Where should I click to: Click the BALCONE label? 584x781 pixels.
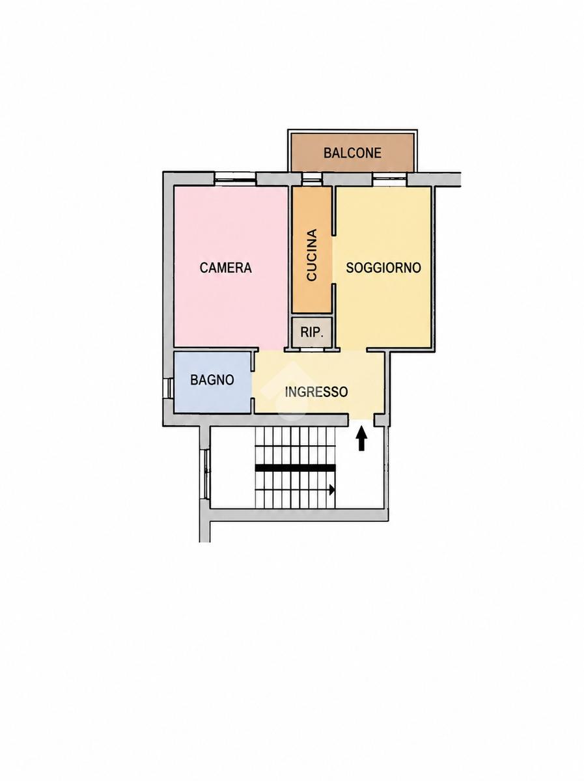352,153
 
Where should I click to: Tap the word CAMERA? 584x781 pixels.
226,267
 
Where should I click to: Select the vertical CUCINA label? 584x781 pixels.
312,255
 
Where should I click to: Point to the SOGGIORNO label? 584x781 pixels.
383,267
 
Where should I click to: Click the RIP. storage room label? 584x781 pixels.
312,333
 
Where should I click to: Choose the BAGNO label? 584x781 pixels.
212,380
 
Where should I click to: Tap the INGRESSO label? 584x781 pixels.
316,392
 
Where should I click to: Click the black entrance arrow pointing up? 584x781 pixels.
361,439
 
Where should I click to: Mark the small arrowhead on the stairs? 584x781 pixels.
332,490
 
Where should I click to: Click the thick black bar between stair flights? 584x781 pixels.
296,468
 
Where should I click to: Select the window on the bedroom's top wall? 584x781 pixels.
236,178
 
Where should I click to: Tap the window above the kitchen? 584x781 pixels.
312,179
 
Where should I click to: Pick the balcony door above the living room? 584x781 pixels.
390,178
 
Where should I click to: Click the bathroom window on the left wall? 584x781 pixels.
169,388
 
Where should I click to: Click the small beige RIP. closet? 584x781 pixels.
312,332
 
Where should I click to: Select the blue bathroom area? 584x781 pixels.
213,383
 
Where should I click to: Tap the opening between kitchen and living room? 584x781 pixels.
334,260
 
